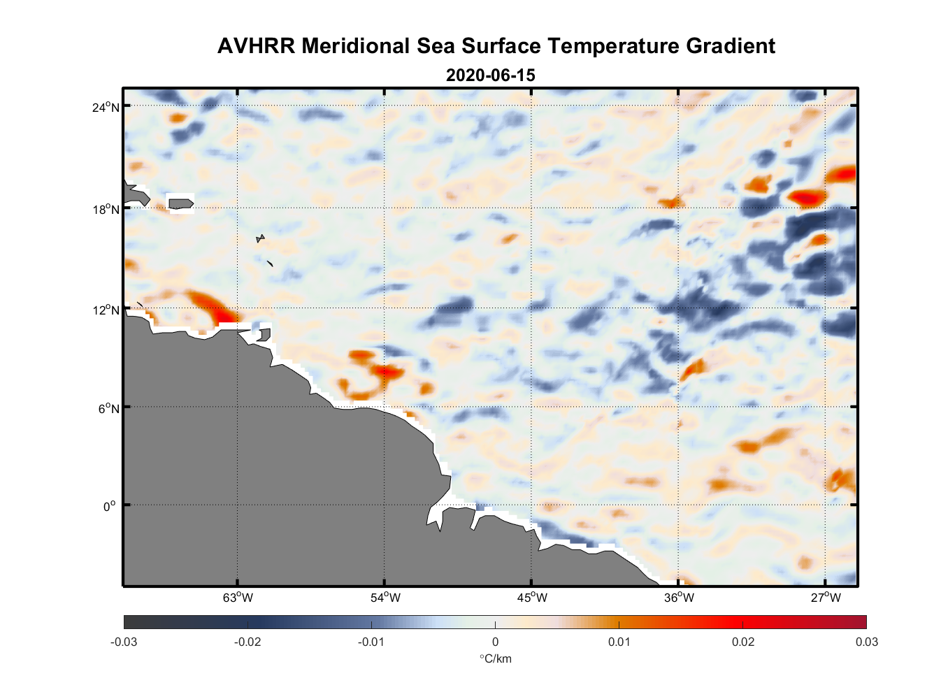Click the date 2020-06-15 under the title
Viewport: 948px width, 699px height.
[x=490, y=75]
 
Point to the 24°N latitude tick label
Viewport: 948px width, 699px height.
[x=106, y=107]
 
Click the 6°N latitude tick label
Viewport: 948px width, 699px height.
[x=108, y=408]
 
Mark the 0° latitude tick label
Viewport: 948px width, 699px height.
[x=110, y=506]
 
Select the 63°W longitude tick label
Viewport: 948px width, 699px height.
[x=238, y=598]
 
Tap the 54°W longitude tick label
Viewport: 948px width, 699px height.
[x=385, y=598]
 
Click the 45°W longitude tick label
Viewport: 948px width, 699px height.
[x=532, y=598]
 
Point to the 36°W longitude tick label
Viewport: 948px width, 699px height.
[x=679, y=598]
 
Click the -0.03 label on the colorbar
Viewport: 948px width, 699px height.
[x=124, y=642]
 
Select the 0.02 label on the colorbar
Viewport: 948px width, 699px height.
[x=742, y=642]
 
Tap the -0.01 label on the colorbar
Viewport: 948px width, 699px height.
[x=371, y=642]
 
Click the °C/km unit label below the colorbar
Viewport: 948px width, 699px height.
[x=495, y=658]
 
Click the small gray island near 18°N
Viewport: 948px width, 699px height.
[x=180, y=203]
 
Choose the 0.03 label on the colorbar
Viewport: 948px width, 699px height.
[x=866, y=642]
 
